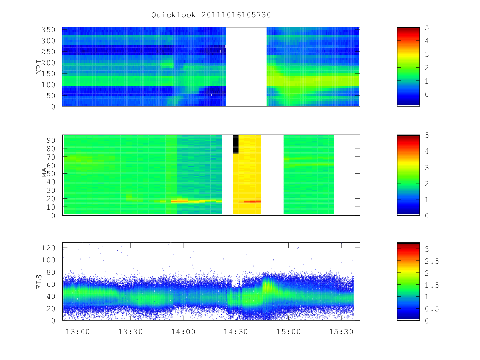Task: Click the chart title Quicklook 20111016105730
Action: pyautogui.click(x=211, y=15)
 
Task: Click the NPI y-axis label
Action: pyautogui.click(x=39, y=67)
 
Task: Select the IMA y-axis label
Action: pyautogui.click(x=44, y=175)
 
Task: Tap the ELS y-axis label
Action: pyautogui.click(x=39, y=282)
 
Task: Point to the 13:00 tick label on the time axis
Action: pyautogui.click(x=78, y=332)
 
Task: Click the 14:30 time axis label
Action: pyautogui.click(x=236, y=332)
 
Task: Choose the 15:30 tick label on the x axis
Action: pyautogui.click(x=341, y=332)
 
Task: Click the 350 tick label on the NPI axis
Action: pyautogui.click(x=48, y=30)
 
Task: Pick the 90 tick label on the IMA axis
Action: pyautogui.click(x=51, y=140)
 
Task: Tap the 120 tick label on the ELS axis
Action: pyautogui.click(x=48, y=248)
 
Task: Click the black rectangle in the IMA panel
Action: pyautogui.click(x=236, y=144)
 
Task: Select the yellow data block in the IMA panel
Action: pyautogui.click(x=247, y=175)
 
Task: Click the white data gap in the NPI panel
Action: pyautogui.click(x=246, y=66)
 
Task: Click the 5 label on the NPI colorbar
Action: pyautogui.click(x=427, y=28)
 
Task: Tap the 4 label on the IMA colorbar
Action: pyautogui.click(x=427, y=151)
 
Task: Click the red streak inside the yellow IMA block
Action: pyautogui.click(x=252, y=202)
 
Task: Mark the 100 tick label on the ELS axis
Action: pyautogui.click(x=48, y=260)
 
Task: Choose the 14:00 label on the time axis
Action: pyautogui.click(x=183, y=332)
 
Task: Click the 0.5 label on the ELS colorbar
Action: pyautogui.click(x=432, y=309)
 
